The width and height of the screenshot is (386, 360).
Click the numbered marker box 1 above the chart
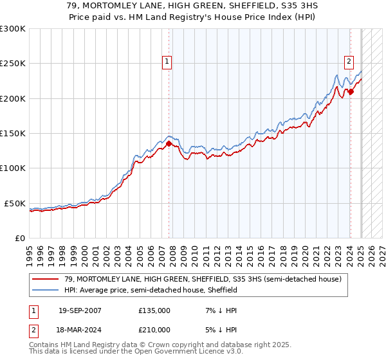tap(167, 62)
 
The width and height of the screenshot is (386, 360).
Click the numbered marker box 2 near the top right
tap(349, 62)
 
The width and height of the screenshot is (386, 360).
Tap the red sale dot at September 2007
tap(169, 144)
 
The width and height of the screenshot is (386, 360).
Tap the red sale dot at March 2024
tap(351, 92)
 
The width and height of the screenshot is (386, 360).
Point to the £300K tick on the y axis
tap(13, 29)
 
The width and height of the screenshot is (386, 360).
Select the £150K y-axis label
tap(13, 133)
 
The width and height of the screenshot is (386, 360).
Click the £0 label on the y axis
tap(20, 238)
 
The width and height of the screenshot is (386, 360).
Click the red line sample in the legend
tap(46, 279)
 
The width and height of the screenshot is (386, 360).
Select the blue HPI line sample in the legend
tap(46, 290)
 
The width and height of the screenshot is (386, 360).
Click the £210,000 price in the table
tap(154, 329)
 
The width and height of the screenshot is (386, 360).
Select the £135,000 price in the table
tap(154, 310)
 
